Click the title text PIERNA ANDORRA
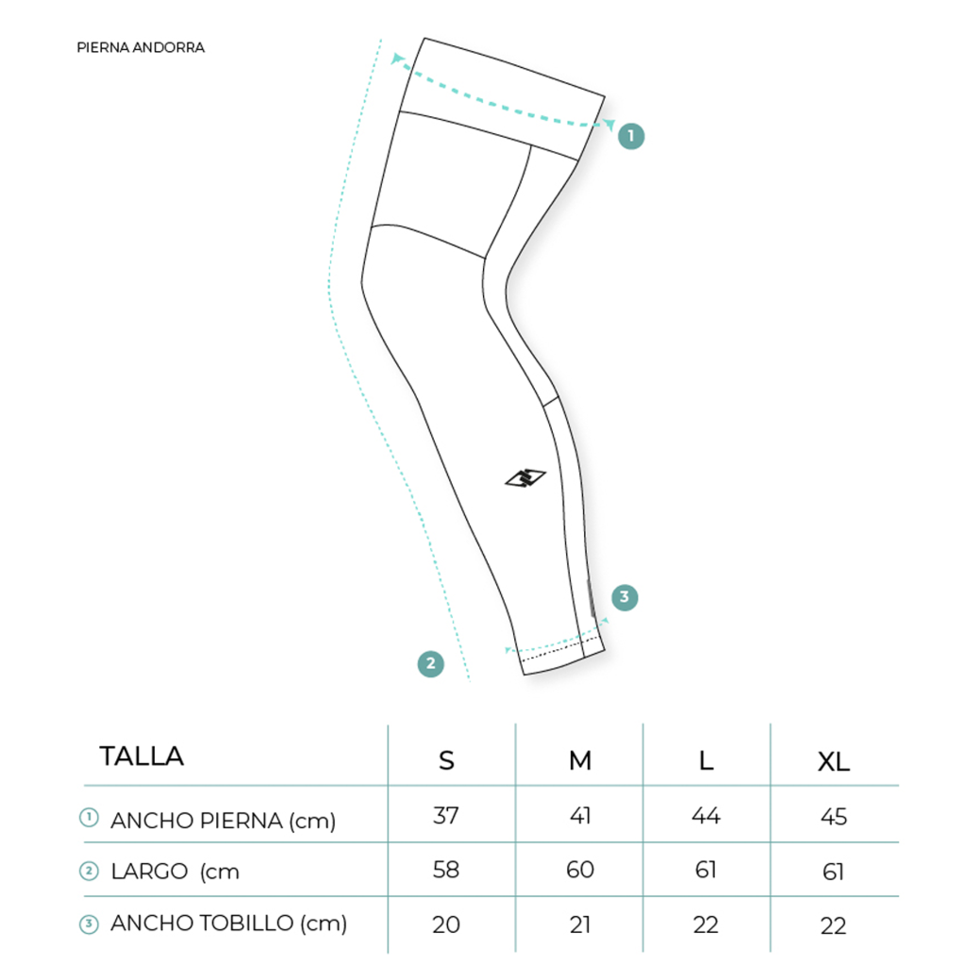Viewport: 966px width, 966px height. coord(141,47)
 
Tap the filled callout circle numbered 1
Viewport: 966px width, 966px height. coord(631,136)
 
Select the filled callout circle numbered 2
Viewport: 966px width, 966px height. coord(430,663)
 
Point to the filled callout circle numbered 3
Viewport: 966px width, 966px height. coord(625,597)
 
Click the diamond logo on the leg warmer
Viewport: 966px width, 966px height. coord(525,478)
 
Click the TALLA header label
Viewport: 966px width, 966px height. coord(142,756)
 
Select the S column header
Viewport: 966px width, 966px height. coord(446,761)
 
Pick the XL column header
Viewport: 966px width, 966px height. coord(834,761)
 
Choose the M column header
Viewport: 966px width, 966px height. coord(580,761)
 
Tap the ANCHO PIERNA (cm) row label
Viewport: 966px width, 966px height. coord(223,821)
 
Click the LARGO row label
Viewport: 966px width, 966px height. coord(175,872)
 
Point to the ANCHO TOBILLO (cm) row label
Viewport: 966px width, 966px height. coord(228,924)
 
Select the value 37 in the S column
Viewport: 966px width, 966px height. coord(446,816)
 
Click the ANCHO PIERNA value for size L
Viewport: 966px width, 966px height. coord(706,816)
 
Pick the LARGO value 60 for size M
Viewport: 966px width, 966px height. coord(580,869)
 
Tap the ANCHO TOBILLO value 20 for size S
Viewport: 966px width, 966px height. coord(446,924)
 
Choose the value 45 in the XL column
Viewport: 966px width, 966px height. coord(834,817)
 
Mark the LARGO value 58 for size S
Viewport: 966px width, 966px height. coord(446,869)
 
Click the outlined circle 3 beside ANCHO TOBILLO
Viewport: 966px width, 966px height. coord(90,924)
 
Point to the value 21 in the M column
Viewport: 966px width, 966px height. coord(580,924)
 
